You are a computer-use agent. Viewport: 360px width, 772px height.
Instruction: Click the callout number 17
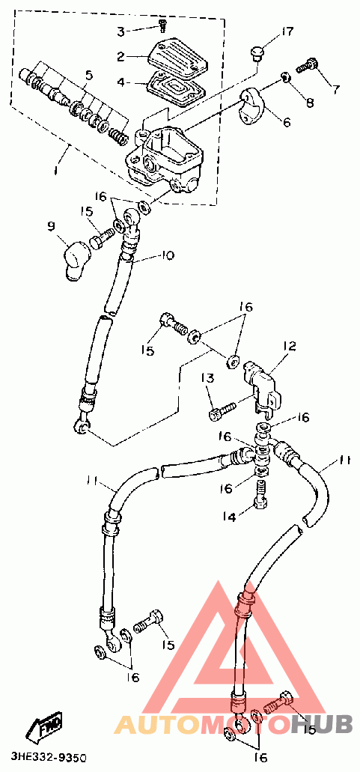pos(287,32)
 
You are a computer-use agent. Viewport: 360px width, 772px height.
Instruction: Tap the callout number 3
pos(121,32)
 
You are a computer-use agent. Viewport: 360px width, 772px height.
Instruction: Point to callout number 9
pos(51,226)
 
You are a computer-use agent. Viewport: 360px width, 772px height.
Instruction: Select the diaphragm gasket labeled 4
pos(175,88)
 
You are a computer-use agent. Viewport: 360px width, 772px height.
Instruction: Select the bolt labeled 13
pos(223,411)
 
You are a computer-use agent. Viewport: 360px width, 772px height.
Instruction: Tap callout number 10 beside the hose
pos(168,255)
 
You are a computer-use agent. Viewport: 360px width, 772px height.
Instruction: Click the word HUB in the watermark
pos(320,724)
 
